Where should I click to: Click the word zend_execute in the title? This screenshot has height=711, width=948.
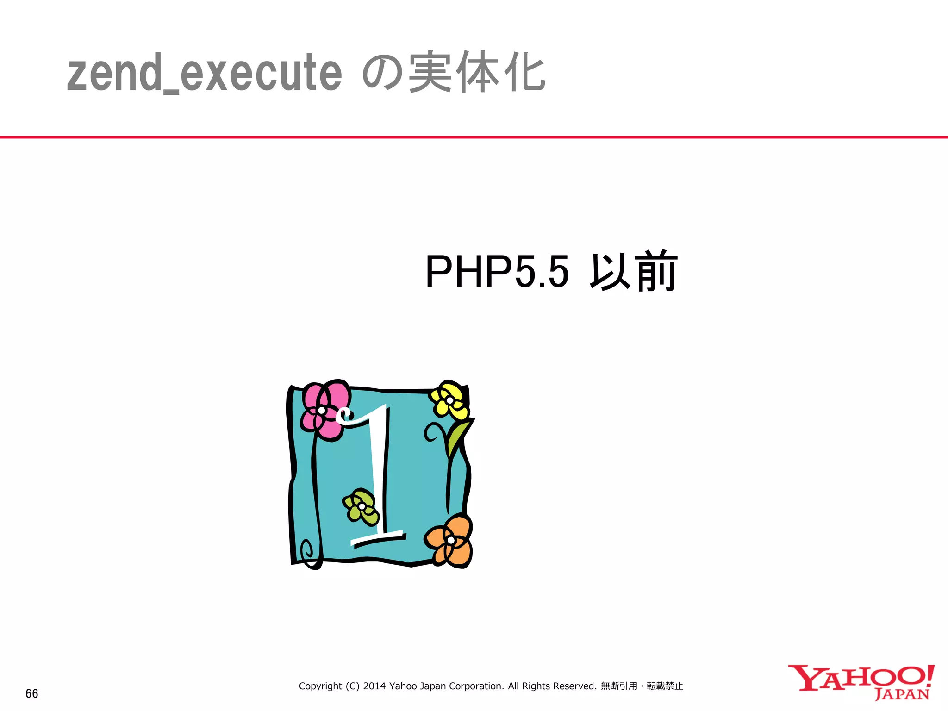click(204, 73)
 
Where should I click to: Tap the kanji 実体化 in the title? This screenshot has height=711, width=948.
click(477, 72)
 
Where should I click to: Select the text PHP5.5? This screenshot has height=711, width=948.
click(496, 272)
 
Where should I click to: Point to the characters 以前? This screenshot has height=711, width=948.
click(633, 272)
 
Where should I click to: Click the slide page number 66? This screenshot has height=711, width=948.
click(32, 693)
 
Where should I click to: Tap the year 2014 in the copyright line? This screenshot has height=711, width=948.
click(374, 686)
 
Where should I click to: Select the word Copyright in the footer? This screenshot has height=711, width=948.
click(320, 686)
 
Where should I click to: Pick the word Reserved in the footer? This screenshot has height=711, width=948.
click(575, 686)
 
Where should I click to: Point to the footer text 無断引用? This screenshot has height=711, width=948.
click(619, 686)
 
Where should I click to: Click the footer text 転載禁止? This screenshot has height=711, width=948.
click(665, 686)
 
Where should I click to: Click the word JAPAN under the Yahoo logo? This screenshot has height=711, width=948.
click(902, 695)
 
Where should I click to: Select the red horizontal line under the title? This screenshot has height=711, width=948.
click(474, 137)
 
